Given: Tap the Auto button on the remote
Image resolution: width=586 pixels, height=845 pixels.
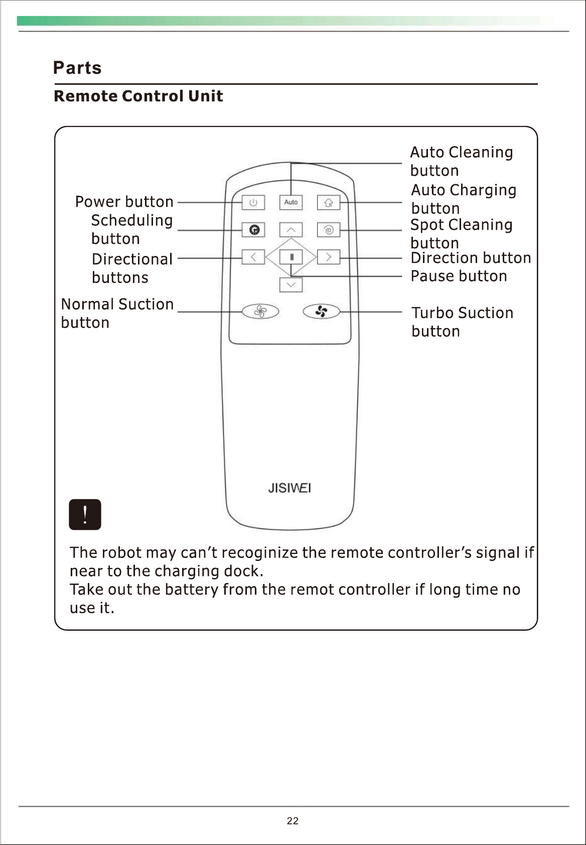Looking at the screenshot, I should (291, 202).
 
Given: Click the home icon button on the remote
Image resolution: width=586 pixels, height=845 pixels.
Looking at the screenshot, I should (329, 202).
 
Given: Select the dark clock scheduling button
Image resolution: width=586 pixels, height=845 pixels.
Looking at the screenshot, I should (254, 230).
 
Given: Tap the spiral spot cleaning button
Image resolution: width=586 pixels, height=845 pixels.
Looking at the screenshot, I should (329, 230).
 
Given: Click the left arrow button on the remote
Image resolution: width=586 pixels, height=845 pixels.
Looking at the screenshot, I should (254, 257).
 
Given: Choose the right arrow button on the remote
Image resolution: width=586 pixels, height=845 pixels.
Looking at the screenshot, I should (329, 257).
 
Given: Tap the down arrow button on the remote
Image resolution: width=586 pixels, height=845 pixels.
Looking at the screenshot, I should (291, 285).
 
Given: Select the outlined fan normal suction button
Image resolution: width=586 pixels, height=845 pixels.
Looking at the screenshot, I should (260, 312).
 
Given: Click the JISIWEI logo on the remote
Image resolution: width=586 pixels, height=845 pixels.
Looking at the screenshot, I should (289, 488).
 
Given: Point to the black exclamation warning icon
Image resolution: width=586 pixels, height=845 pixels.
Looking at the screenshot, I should (85, 514).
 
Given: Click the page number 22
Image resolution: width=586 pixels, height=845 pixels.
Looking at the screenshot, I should (292, 821).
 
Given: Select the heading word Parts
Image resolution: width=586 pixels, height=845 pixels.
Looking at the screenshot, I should (77, 68).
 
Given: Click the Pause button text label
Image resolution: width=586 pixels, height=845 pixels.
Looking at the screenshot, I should (459, 276).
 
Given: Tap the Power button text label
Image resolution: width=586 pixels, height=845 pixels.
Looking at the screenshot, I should (124, 202).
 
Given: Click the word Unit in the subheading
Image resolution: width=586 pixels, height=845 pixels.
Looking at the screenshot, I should (205, 96).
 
